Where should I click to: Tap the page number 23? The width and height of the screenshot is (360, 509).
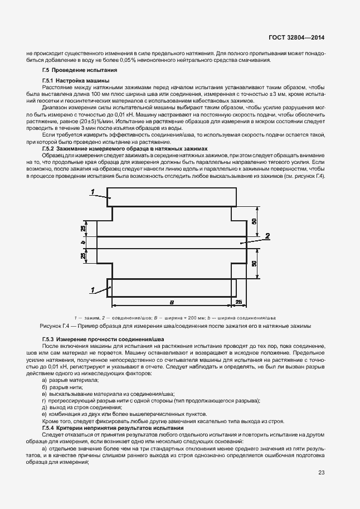322,473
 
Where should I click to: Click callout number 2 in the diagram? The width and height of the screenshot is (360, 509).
267,236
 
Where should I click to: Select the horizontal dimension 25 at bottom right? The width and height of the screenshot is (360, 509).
239,302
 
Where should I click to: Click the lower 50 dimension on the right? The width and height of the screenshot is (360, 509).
255,264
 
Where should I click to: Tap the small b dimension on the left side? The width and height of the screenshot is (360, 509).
82,243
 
